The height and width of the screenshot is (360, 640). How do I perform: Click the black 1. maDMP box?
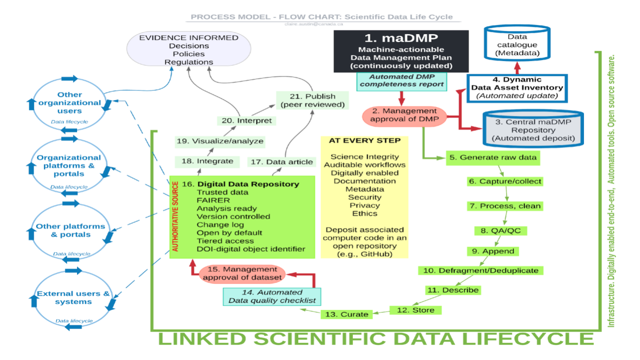tap(401, 50)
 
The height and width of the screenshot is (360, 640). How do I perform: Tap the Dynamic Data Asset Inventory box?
tap(517, 88)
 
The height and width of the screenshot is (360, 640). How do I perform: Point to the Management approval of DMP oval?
tap(400, 115)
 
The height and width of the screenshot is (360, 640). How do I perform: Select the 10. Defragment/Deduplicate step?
tap(480, 270)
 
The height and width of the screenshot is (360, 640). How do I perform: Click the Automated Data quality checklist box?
tap(272, 296)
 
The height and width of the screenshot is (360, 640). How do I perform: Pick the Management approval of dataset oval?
tap(241, 273)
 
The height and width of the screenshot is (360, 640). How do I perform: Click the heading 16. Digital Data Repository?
tap(240, 184)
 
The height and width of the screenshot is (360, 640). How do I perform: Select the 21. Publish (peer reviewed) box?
tap(312, 100)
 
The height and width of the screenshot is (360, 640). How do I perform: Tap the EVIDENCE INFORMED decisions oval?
tap(189, 50)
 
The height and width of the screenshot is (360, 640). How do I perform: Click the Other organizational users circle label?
tap(69, 102)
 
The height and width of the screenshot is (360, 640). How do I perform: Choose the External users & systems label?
tap(73, 297)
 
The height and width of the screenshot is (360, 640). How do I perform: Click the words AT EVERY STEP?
tap(364, 140)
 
